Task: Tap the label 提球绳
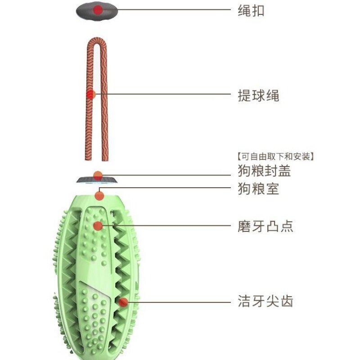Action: [x=258, y=95]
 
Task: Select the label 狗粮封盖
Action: [x=264, y=171]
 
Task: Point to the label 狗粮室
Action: [x=258, y=189]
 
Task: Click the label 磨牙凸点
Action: [x=265, y=225]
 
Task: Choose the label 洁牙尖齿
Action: [x=265, y=301]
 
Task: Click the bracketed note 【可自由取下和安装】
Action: [x=274, y=157]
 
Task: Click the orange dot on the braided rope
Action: [x=91, y=94]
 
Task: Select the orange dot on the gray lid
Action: [x=98, y=175]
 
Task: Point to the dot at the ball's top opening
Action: [x=99, y=195]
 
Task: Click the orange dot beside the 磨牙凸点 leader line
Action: [x=98, y=225]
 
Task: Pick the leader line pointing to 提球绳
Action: [x=166, y=94]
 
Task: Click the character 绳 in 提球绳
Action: [x=272, y=95]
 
